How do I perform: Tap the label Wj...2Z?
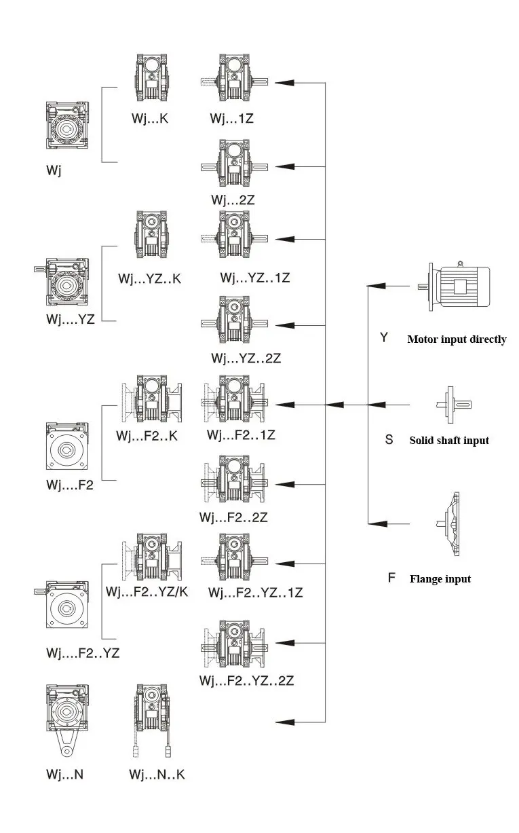coord(232,200)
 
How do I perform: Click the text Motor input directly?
coord(457,339)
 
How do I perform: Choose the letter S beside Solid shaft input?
coord(389,439)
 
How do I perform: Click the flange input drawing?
coord(449,523)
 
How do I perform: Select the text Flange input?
coord(440,579)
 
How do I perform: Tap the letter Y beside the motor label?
coord(384,337)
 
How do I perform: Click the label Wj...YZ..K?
coord(149,278)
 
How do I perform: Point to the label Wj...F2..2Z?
coord(233,517)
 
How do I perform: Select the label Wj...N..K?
coord(157,775)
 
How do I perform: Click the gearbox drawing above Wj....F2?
coord(68,448)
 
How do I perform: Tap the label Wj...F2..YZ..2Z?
coord(246,680)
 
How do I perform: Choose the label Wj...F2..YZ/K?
coord(147,592)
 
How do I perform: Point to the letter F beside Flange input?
coord(391,578)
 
